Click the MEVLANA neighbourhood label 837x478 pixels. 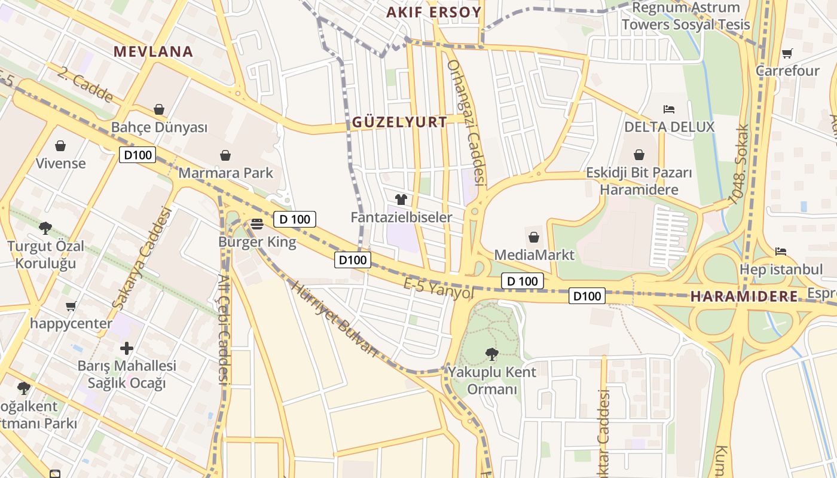tap(154, 51)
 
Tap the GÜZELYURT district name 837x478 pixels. tap(399, 122)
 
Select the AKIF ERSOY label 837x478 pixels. tap(433, 13)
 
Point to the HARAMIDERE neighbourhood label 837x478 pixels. tap(744, 296)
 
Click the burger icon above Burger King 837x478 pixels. tap(257, 223)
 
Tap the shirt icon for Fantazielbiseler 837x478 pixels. tap(401, 199)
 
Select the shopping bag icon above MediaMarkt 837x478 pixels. tap(534, 237)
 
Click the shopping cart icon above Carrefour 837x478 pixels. tap(787, 53)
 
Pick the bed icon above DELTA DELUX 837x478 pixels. tap(669, 109)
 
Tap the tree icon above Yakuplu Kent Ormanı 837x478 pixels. tap(492, 354)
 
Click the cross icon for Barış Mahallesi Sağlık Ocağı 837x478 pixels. tap(127, 348)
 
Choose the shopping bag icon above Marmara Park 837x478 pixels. tap(225, 155)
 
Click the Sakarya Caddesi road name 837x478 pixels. tap(142, 258)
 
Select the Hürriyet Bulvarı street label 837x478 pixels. tap(335, 318)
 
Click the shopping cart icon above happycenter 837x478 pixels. tap(71, 307)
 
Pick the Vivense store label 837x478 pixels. tap(60, 163)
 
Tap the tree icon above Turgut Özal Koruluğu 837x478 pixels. tap(45, 228)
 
